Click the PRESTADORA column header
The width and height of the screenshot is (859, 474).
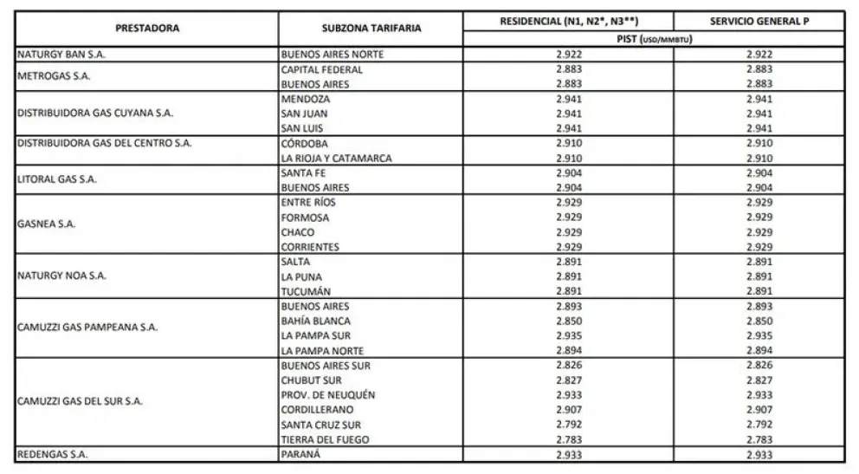[x=147, y=28]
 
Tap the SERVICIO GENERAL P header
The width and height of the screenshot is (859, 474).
[x=758, y=20]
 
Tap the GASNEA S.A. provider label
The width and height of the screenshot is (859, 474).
[x=47, y=224]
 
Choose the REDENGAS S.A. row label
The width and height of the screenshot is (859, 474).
[x=53, y=454]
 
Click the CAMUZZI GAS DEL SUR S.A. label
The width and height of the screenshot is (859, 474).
[x=80, y=402]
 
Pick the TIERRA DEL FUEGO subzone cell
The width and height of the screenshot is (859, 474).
[x=325, y=439]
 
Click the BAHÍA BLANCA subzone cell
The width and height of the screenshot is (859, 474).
[x=316, y=321]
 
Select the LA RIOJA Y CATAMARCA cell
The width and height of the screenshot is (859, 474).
[x=336, y=159]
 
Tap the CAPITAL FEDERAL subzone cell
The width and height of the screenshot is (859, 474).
[x=322, y=69]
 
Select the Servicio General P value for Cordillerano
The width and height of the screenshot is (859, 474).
[x=759, y=410]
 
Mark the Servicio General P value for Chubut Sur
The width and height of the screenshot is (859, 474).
[x=759, y=380]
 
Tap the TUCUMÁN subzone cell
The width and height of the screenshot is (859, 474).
[x=308, y=291]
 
